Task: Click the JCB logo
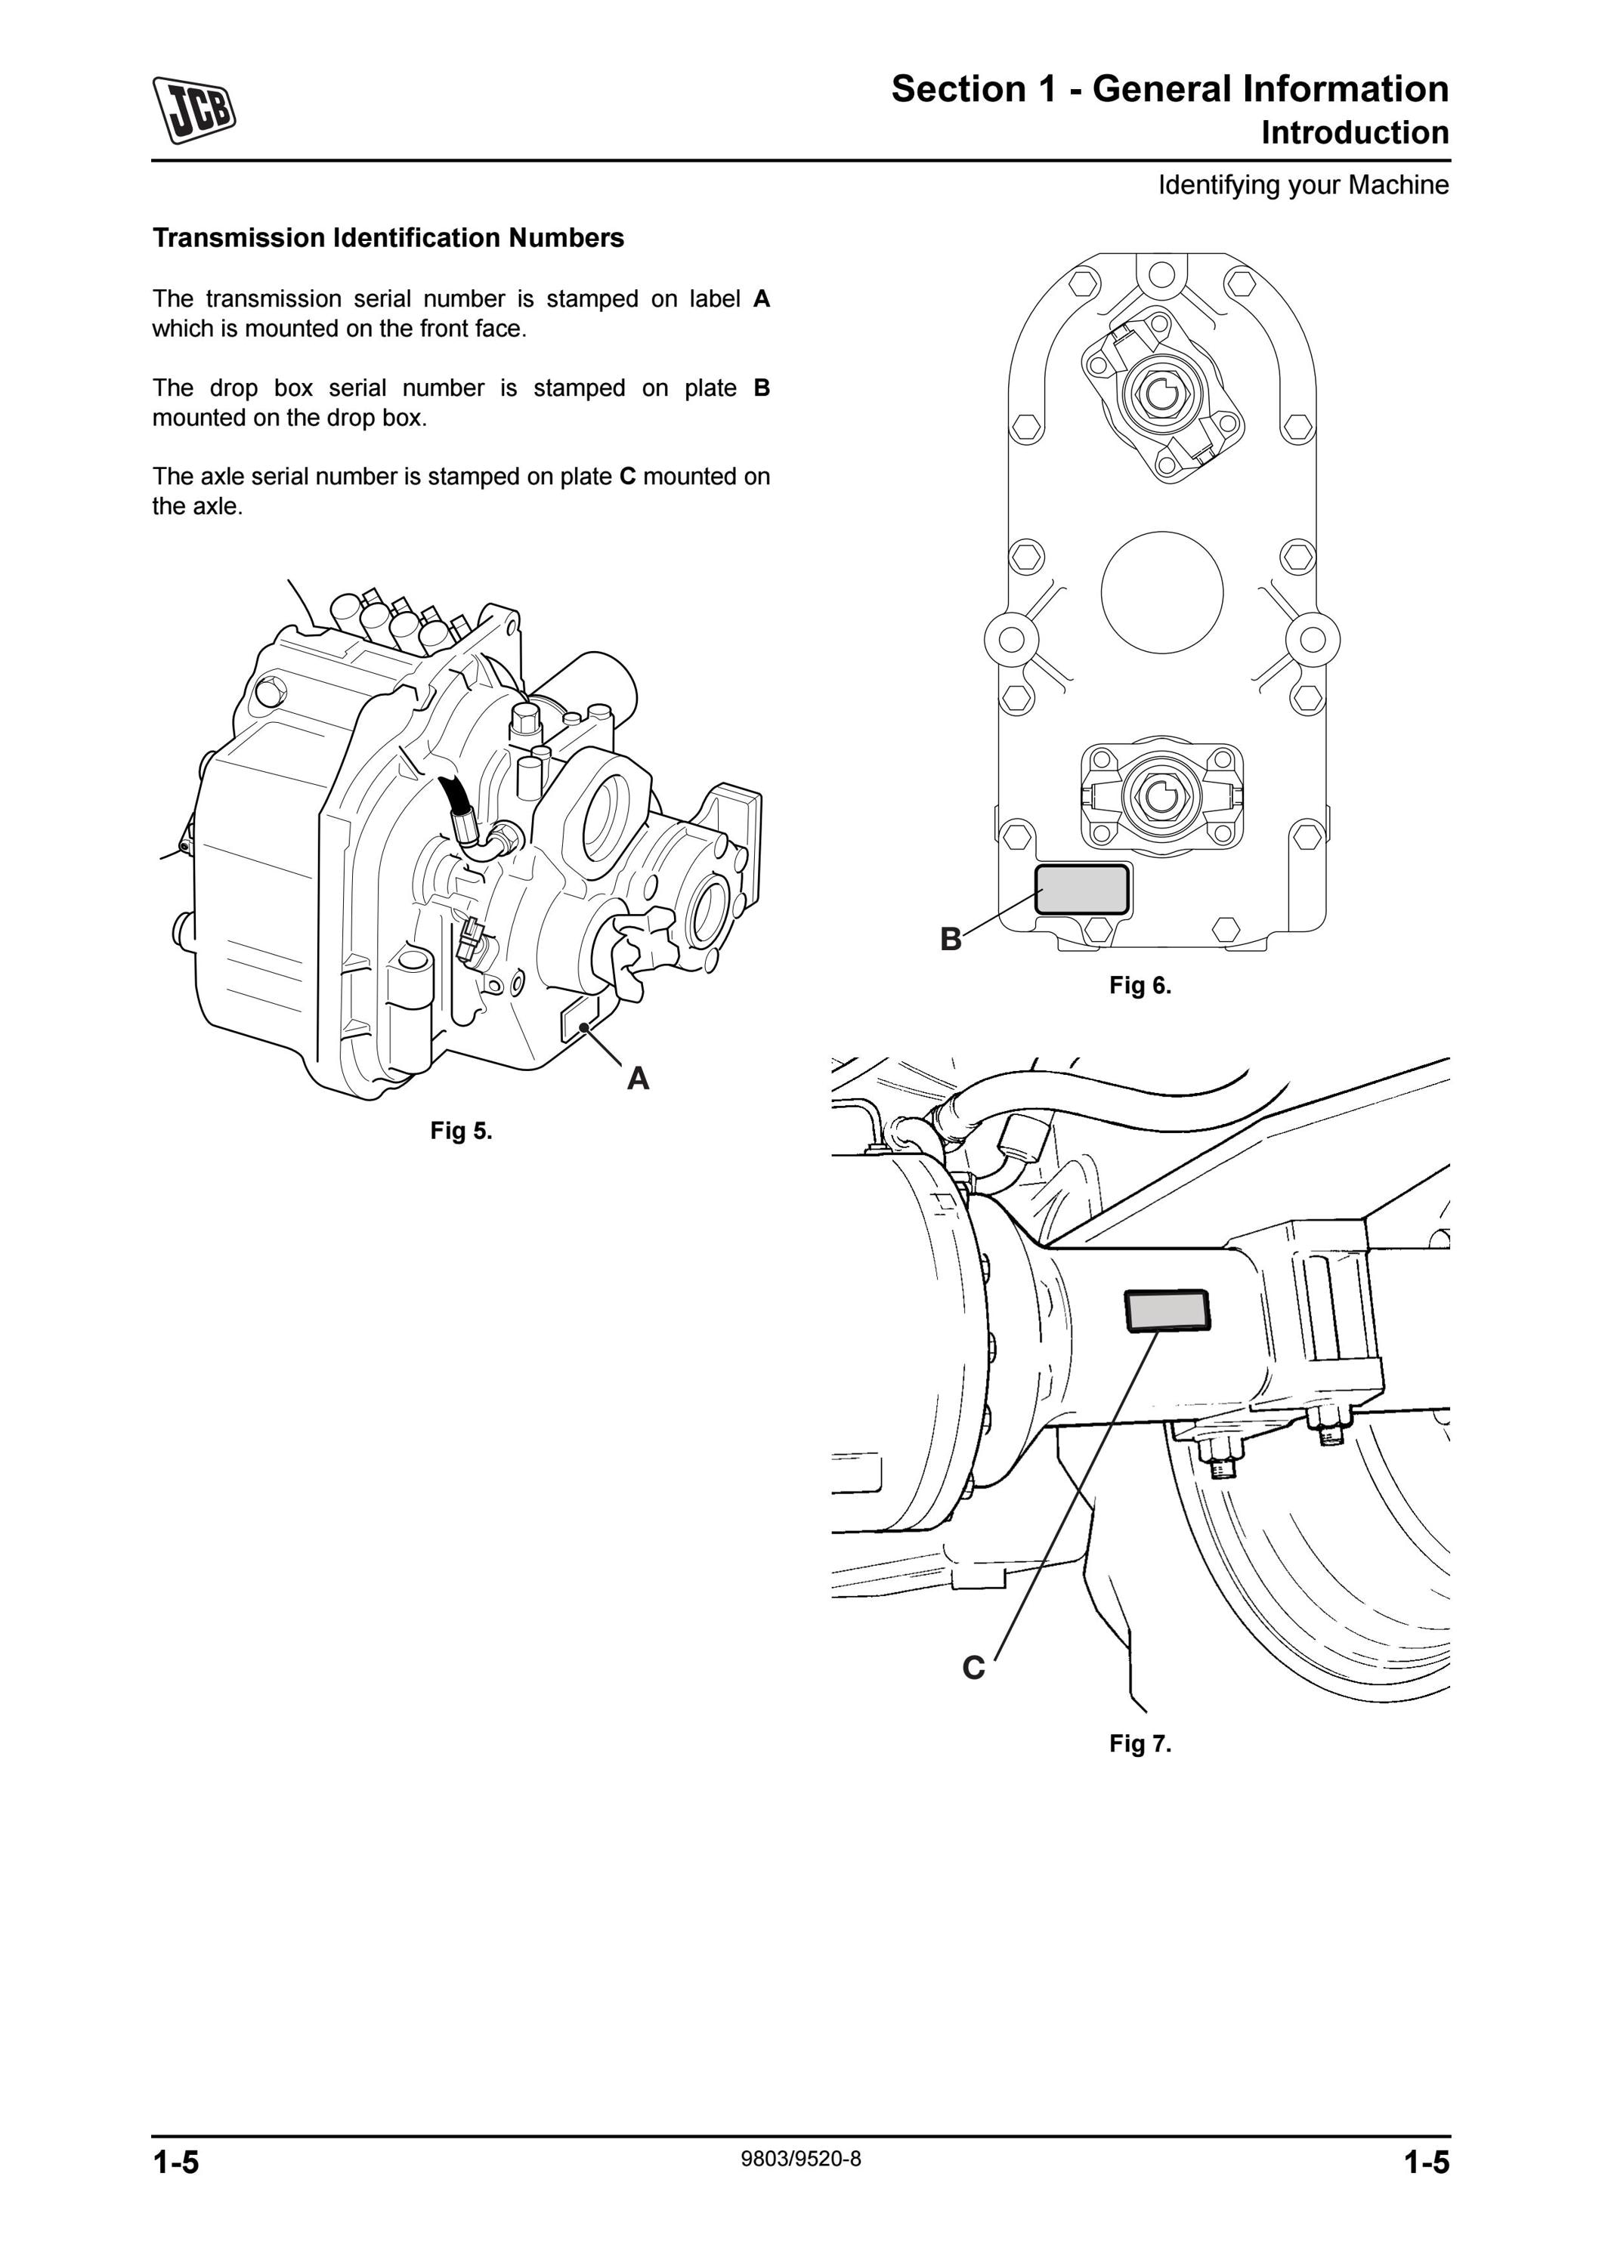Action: (194, 110)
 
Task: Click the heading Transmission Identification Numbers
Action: (388, 238)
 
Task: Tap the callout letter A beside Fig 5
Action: (638, 1079)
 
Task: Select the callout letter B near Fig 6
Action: (951, 939)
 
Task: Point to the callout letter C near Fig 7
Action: (973, 1667)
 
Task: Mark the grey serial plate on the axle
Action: (1167, 1310)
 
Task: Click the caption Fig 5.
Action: (461, 1131)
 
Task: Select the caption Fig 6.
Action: (1140, 985)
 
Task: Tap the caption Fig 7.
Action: (1140, 1744)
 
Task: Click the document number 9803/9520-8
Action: (800, 2159)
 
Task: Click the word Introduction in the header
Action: (1355, 132)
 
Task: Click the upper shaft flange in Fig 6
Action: (1163, 394)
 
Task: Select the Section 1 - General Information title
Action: (1170, 89)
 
